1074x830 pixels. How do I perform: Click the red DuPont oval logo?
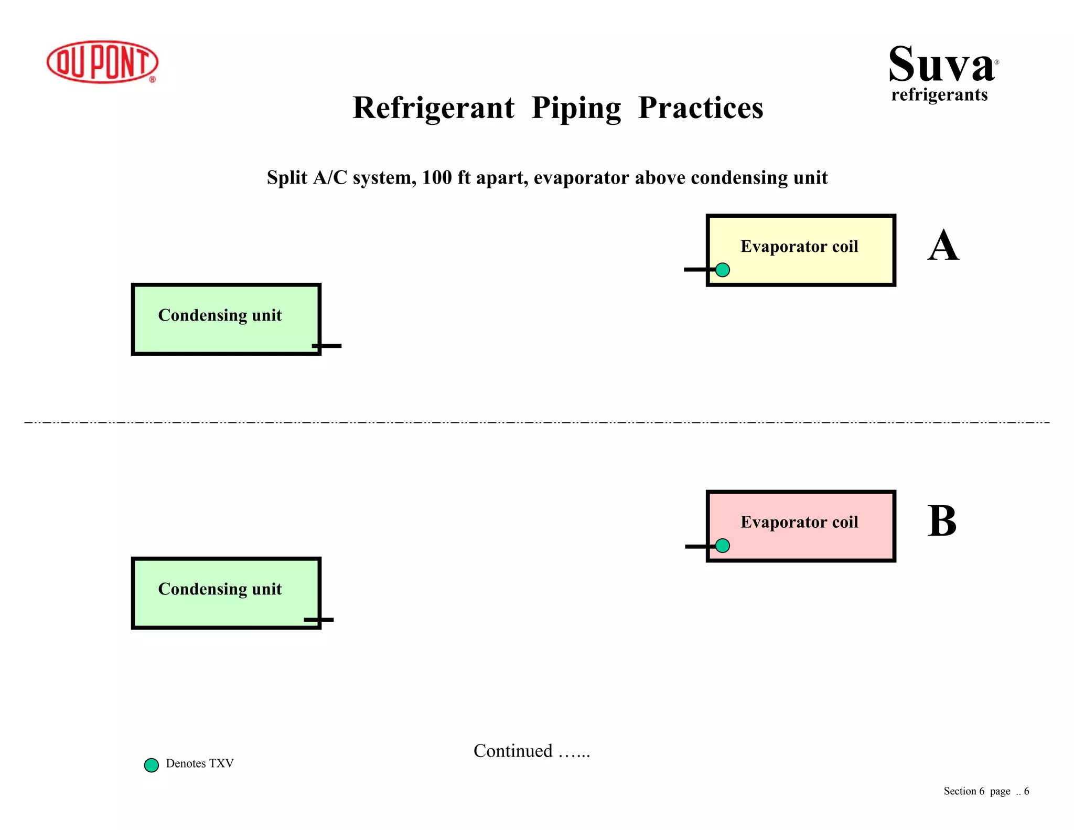pyautogui.click(x=102, y=62)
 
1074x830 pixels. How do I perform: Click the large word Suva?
pyautogui.click(x=941, y=65)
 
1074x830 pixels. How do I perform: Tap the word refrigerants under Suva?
pyautogui.click(x=939, y=95)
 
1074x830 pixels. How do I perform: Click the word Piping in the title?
pyautogui.click(x=576, y=109)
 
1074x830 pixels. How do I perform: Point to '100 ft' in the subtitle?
pyautogui.click(x=447, y=178)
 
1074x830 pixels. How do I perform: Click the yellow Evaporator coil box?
pyautogui.click(x=800, y=250)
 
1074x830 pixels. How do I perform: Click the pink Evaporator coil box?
pyautogui.click(x=800, y=526)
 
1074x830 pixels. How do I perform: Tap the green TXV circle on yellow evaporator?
pyautogui.click(x=722, y=270)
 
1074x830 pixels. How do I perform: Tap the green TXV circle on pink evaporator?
pyautogui.click(x=722, y=546)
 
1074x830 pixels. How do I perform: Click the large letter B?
pyautogui.click(x=942, y=522)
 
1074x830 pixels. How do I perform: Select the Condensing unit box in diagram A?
pyautogui.click(x=226, y=320)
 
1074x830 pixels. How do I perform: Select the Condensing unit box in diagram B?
pyautogui.click(x=226, y=593)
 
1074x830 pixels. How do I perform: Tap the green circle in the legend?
pyautogui.click(x=152, y=765)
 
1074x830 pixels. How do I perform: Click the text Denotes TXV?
pyautogui.click(x=199, y=763)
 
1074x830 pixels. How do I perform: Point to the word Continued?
pyautogui.click(x=513, y=751)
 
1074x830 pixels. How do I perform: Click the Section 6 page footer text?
pyautogui.click(x=986, y=791)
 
